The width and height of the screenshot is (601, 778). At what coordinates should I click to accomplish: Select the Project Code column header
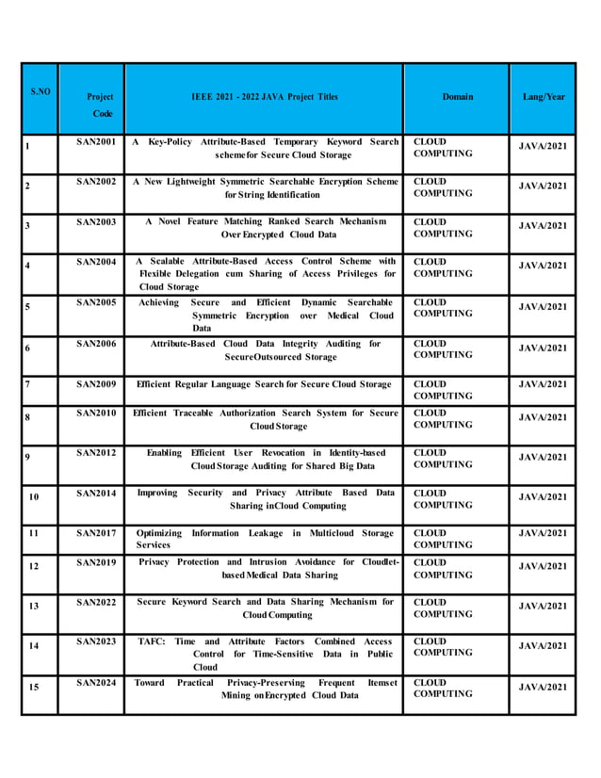[x=99, y=104]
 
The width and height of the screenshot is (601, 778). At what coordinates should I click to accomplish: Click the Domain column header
[x=458, y=97]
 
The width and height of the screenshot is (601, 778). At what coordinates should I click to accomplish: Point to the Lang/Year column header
[x=544, y=97]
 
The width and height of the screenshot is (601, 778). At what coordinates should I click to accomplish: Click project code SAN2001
[x=96, y=142]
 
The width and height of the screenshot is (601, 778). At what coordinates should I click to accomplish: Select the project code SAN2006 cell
[x=96, y=344]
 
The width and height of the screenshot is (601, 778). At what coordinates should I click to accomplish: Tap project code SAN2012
[x=96, y=453]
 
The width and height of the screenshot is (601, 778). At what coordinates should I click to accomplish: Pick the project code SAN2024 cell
[x=96, y=682]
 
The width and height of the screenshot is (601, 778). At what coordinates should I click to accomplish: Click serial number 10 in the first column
[x=34, y=496]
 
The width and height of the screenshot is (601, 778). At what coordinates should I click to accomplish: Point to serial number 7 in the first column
[x=28, y=385]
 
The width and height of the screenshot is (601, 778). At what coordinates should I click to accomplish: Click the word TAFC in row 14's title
[x=152, y=641]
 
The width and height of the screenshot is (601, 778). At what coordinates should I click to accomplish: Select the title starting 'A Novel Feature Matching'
[x=267, y=227]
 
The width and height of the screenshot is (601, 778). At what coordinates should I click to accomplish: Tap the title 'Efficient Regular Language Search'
[x=264, y=384]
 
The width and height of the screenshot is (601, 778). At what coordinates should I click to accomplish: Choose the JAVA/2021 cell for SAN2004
[x=544, y=266]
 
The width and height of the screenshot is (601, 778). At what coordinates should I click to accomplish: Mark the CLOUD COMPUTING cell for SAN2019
[x=443, y=569]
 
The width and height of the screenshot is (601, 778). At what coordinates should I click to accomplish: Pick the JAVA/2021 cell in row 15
[x=544, y=687]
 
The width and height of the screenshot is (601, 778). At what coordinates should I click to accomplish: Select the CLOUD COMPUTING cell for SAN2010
[x=443, y=418]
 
